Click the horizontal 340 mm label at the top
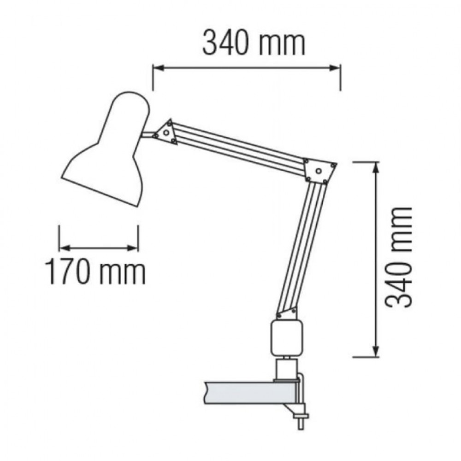pos(254,44)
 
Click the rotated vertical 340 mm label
pos(399,257)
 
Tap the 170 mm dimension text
pos(95,272)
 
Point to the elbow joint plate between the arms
pos(319,171)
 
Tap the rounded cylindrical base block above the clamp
pos(286,338)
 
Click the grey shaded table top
pos(250,393)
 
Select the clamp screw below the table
pos(301,421)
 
